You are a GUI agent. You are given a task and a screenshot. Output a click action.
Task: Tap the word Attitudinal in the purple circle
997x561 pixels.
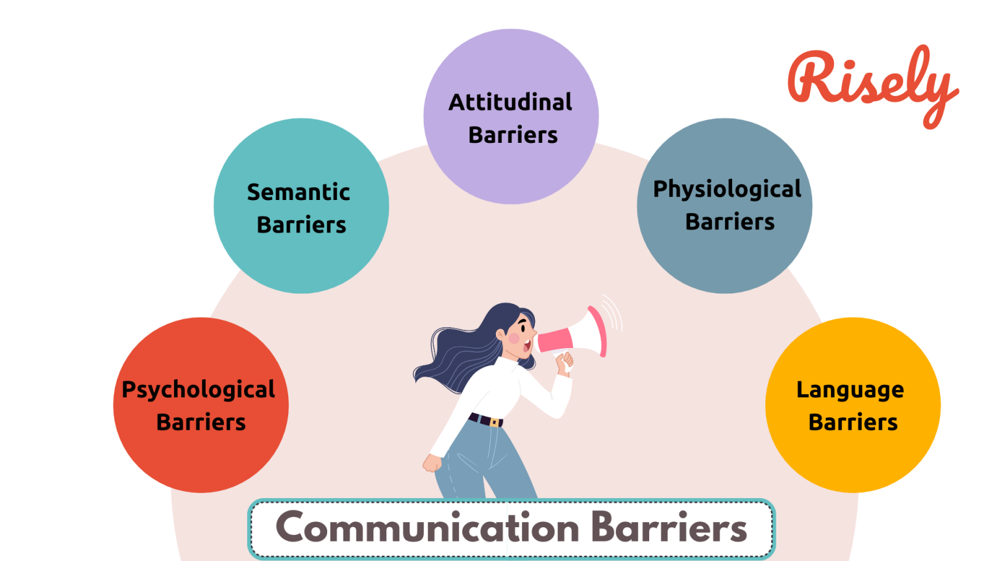[x=511, y=102]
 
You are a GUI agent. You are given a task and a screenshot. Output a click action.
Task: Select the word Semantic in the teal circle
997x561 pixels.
[x=299, y=192]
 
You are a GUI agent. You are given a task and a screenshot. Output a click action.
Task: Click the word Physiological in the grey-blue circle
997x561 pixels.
[x=727, y=189]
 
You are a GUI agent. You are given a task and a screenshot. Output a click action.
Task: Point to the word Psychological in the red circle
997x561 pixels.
[x=199, y=390]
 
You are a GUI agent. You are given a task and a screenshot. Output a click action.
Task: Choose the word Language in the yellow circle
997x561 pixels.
[x=850, y=390]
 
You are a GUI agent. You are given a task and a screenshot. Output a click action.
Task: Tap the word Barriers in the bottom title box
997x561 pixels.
[x=670, y=527]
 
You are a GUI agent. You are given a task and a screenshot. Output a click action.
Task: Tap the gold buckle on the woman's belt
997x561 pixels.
[x=495, y=423]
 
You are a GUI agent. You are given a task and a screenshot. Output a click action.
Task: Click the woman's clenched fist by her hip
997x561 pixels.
[x=432, y=463]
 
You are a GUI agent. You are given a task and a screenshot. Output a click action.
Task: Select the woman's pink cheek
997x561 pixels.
[x=513, y=338]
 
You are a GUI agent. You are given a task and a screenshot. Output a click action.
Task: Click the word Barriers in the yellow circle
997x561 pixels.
[x=853, y=423]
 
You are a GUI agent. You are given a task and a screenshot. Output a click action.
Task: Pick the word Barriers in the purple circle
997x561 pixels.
[x=513, y=135]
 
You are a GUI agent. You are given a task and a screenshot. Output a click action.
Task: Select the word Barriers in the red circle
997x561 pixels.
[x=201, y=423]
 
